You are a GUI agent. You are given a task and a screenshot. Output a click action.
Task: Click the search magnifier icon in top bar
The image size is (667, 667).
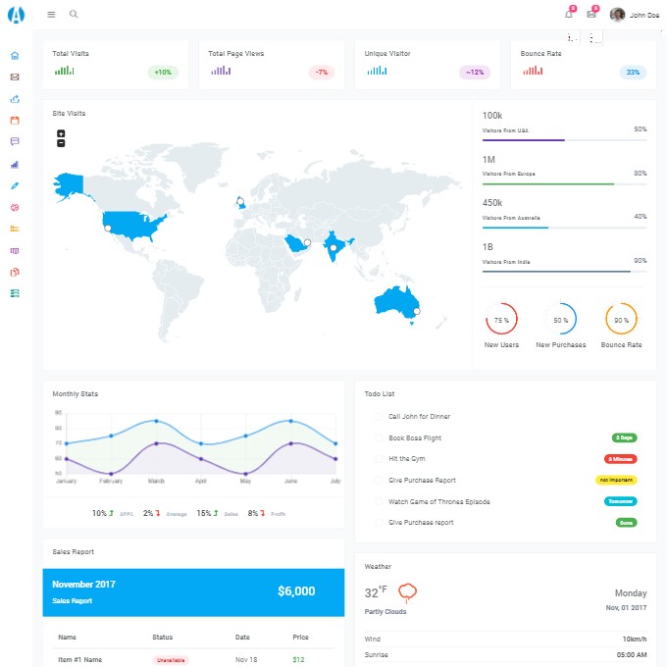(x=74, y=15)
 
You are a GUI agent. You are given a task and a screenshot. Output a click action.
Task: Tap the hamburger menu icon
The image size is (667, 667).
(x=51, y=15)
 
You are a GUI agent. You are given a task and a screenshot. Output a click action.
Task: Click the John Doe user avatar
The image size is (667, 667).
(x=617, y=15)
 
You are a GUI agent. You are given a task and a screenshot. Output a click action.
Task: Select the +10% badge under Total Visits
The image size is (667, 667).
(x=163, y=72)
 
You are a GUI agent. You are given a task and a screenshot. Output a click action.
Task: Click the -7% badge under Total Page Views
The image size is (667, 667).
(x=322, y=72)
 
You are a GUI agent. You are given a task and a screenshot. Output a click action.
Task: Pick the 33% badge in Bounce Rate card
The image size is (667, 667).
(x=633, y=72)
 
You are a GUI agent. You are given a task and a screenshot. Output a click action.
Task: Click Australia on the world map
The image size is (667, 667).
(x=397, y=299)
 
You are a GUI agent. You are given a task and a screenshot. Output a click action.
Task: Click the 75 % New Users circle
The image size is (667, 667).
(x=501, y=320)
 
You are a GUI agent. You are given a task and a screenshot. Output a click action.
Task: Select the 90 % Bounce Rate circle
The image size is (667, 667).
(x=621, y=320)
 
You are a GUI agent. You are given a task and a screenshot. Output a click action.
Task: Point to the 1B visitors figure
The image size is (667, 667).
(x=489, y=247)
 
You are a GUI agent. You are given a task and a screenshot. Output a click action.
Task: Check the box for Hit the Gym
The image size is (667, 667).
(x=379, y=459)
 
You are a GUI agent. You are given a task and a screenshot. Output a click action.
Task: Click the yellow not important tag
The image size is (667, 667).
(x=616, y=480)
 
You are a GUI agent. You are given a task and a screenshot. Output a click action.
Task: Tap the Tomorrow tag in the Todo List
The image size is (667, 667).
(x=620, y=501)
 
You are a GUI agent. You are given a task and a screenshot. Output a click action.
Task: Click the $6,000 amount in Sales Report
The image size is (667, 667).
(x=296, y=591)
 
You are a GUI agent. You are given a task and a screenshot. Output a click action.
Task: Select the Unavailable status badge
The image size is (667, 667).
(x=170, y=660)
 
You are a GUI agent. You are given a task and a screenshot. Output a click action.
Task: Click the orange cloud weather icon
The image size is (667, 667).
(x=408, y=591)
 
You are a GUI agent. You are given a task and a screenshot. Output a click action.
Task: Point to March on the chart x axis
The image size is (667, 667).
(x=156, y=482)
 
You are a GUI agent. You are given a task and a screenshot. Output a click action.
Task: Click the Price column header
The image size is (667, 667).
(x=300, y=638)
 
